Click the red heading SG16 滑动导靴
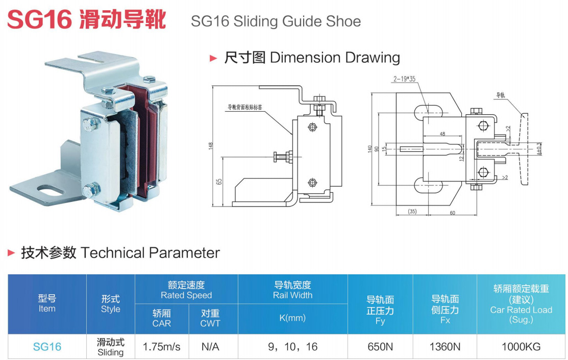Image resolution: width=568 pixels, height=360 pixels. coord(87,20)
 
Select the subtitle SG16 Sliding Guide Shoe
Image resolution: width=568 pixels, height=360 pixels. coord(276,21)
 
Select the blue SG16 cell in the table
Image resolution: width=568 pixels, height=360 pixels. coord(47,347)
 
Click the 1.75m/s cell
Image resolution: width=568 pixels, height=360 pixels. coord(162,347)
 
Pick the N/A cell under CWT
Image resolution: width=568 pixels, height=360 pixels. coord(210,347)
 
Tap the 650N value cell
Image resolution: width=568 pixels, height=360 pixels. coord(380,347)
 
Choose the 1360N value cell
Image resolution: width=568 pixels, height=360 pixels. coord(445,347)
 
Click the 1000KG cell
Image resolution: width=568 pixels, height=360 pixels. coord(521,347)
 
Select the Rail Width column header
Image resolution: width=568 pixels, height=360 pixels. coord(293,290)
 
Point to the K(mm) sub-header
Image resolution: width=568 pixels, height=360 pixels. coord(293,318)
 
